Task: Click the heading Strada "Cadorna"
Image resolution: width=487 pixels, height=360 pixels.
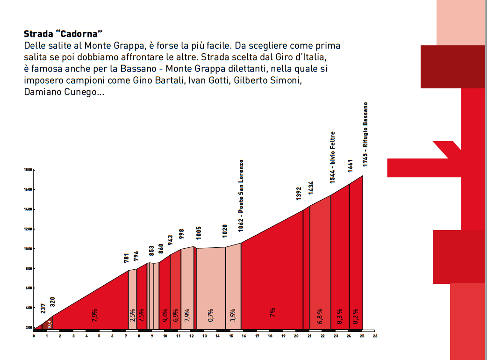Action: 63,34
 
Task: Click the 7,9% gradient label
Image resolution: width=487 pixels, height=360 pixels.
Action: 95,315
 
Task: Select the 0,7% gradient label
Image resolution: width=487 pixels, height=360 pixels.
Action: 211,315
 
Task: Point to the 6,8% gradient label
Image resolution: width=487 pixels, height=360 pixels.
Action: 320,316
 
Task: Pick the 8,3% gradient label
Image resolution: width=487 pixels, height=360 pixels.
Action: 340,316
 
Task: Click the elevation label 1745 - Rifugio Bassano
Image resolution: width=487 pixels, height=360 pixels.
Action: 365,135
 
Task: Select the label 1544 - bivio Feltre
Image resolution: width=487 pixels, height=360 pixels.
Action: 332,157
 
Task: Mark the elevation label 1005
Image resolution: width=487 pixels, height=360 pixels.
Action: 198,232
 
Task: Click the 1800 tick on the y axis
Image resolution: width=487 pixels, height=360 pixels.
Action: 27,170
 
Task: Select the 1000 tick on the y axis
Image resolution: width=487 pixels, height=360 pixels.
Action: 27,249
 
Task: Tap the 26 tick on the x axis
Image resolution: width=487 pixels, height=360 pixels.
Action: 375,336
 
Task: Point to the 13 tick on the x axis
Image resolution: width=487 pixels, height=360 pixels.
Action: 205,336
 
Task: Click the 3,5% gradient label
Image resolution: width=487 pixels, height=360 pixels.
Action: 233,315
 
